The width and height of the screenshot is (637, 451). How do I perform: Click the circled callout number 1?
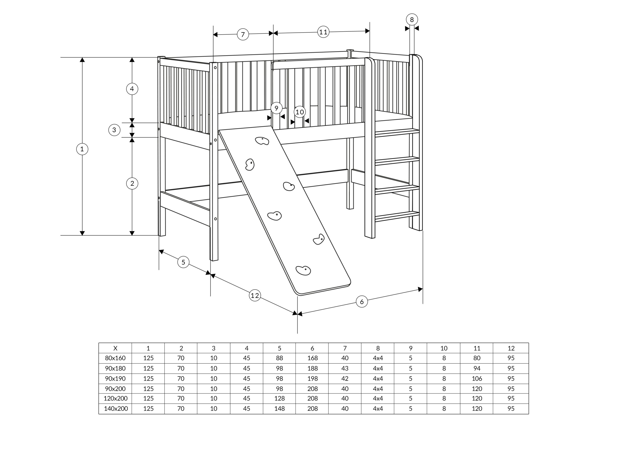82,149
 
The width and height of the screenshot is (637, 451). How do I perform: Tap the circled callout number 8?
412,19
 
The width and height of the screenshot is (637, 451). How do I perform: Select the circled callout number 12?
255,295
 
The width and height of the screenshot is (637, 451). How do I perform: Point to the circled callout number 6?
362,301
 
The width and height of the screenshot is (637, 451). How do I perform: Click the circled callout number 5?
183,262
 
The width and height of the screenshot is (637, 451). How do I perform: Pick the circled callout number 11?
323,32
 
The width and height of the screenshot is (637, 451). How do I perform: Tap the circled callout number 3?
114,130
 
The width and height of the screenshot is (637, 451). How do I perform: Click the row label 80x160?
115,358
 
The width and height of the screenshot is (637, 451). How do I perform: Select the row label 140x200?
116,408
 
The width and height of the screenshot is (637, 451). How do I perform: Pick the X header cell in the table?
115,348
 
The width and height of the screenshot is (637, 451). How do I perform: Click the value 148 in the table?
279,408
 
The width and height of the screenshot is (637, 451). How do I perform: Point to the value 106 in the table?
477,378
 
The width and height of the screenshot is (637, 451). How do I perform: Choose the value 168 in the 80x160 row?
312,358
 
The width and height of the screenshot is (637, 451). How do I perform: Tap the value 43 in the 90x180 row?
345,368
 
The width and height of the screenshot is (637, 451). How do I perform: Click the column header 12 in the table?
511,348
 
